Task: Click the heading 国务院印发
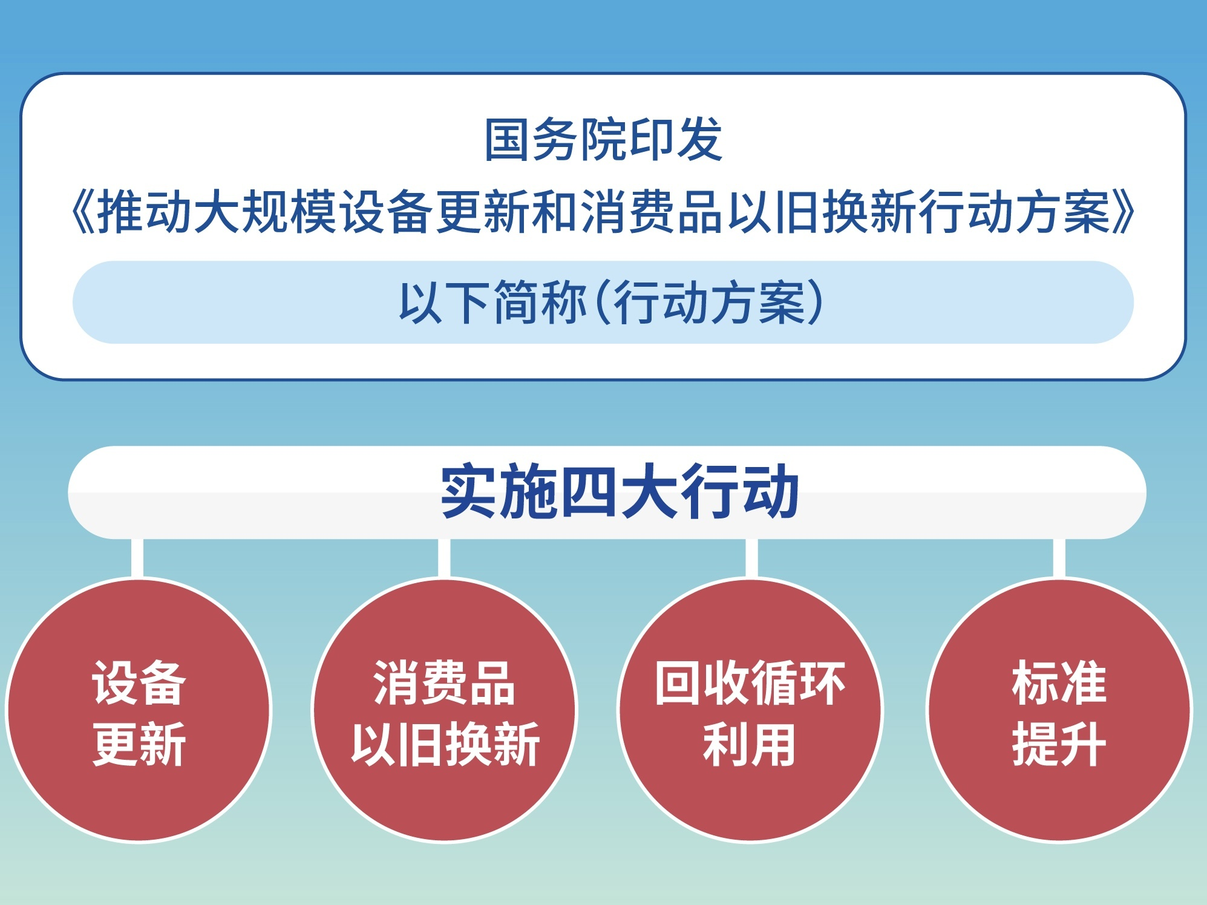point(603,140)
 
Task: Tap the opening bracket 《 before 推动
point(82,212)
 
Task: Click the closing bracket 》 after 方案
point(1124,212)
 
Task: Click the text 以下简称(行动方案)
point(612,302)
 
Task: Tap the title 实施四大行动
point(620,491)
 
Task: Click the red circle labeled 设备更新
point(139,710)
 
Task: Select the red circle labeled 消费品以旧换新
point(445,710)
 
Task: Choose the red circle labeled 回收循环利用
point(750,710)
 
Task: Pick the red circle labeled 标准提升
point(1059,710)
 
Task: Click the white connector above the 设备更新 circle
point(137,558)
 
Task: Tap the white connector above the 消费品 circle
point(444,558)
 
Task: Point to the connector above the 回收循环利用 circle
point(751,558)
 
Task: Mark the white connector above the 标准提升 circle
point(1059,558)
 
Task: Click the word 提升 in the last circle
point(1059,744)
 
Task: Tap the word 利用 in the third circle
point(750,744)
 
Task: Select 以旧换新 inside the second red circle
point(445,744)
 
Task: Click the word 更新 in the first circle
point(139,744)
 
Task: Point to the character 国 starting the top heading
point(507,140)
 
